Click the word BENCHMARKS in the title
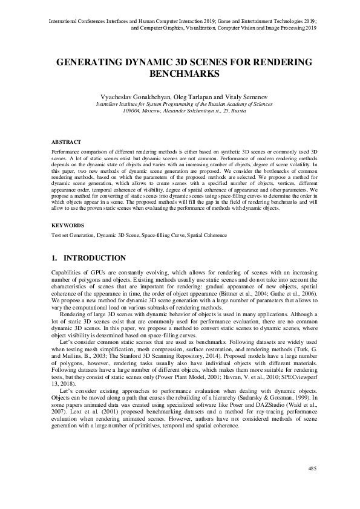[180, 74]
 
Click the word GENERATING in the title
[88, 62]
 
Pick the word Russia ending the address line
[238, 111]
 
